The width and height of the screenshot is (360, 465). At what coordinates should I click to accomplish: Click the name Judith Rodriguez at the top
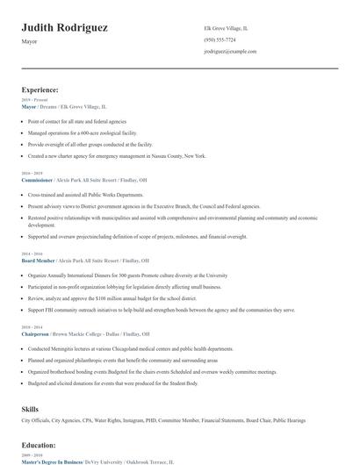[x=65, y=28]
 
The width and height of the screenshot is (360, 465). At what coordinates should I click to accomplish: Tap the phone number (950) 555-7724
[x=220, y=40]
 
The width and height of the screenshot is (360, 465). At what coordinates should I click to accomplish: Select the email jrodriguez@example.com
[x=230, y=52]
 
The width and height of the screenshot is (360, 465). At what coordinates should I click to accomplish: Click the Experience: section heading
[x=40, y=89]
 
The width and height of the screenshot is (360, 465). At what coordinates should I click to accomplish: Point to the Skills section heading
[x=30, y=409]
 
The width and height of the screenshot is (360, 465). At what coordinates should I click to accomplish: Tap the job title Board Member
[x=38, y=261]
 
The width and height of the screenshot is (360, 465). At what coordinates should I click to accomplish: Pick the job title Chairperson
[x=36, y=334]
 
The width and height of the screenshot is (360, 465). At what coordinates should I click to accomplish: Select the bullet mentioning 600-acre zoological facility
[x=83, y=132]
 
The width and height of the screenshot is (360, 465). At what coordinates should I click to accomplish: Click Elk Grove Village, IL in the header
[x=227, y=28]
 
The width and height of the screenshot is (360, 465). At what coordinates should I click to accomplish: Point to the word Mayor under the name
[x=30, y=41]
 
